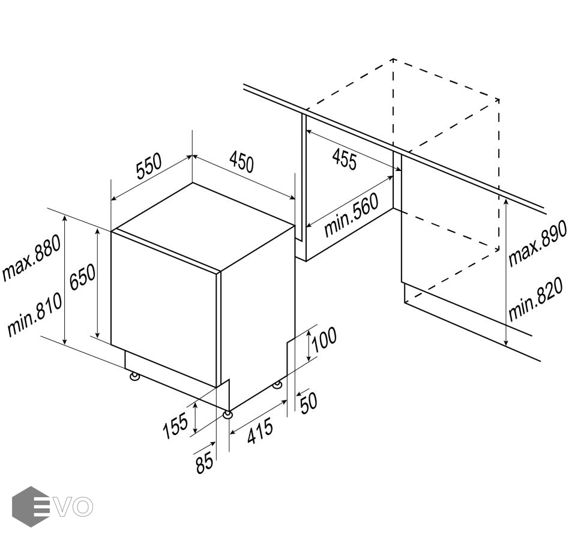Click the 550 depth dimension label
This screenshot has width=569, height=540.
pyautogui.click(x=148, y=167)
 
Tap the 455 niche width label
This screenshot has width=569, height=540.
pyautogui.click(x=345, y=158)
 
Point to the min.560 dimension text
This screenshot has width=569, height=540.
pyautogui.click(x=351, y=215)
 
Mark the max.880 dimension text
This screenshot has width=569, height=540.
pyautogui.click(x=31, y=257)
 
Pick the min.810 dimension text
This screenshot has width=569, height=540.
pyautogui.click(x=34, y=314)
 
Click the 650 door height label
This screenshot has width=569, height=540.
pyautogui.click(x=82, y=277)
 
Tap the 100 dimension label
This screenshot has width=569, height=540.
pyautogui.click(x=324, y=340)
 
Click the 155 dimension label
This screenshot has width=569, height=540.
pyautogui.click(x=176, y=425)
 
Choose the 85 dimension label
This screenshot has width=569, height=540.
pyautogui.click(x=204, y=463)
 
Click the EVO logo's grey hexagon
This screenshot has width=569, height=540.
pyautogui.click(x=31, y=506)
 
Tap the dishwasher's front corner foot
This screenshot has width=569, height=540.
pyautogui.click(x=227, y=415)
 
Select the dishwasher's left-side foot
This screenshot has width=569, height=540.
pyautogui.click(x=134, y=376)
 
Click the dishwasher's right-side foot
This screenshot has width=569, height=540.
pyautogui.click(x=278, y=385)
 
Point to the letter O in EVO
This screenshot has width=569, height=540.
pyautogui.click(x=82, y=506)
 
